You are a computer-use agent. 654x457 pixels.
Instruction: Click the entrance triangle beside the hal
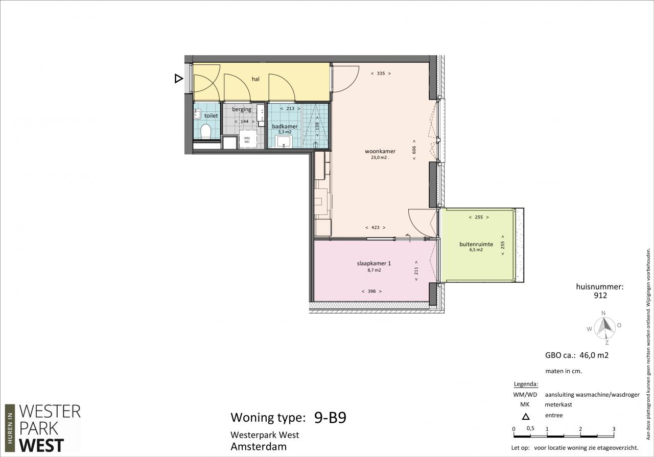point(178,79)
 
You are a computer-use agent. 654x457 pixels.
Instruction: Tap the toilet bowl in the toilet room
point(206,131)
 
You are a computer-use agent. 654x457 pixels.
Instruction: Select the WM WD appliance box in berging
point(247,140)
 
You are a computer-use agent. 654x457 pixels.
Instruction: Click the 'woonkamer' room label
point(380,151)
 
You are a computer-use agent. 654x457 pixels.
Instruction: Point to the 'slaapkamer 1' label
point(374,263)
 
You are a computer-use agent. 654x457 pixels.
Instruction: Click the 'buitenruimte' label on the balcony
point(476,244)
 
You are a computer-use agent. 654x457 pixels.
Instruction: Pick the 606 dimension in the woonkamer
point(414,150)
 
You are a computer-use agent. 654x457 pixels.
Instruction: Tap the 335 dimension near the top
point(381,74)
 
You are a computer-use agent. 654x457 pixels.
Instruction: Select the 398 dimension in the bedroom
point(371,291)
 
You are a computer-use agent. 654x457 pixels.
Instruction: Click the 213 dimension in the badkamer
point(290,109)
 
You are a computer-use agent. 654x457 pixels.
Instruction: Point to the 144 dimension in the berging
point(244,122)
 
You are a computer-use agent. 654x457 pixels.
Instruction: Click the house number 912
point(600,296)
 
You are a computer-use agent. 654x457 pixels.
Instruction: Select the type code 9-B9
point(330,418)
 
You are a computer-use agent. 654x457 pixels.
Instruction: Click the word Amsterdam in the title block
point(259,447)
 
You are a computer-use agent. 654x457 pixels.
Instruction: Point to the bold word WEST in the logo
point(41,446)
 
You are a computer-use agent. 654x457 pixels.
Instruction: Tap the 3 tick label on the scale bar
point(614,429)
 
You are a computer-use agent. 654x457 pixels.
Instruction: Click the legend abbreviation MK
point(525,405)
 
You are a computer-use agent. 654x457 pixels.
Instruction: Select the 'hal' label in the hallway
point(255,79)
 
